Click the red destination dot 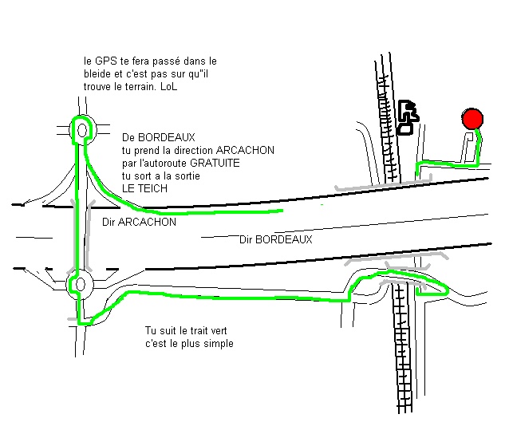[472, 119]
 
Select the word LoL [169, 87]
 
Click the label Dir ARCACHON [140, 222]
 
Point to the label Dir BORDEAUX [275, 239]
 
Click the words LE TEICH [144, 188]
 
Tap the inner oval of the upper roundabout [82, 131]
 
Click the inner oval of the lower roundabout [81, 285]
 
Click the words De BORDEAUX [159, 137]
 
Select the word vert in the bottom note [219, 331]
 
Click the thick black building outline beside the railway [408, 117]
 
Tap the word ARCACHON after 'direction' [245, 150]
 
